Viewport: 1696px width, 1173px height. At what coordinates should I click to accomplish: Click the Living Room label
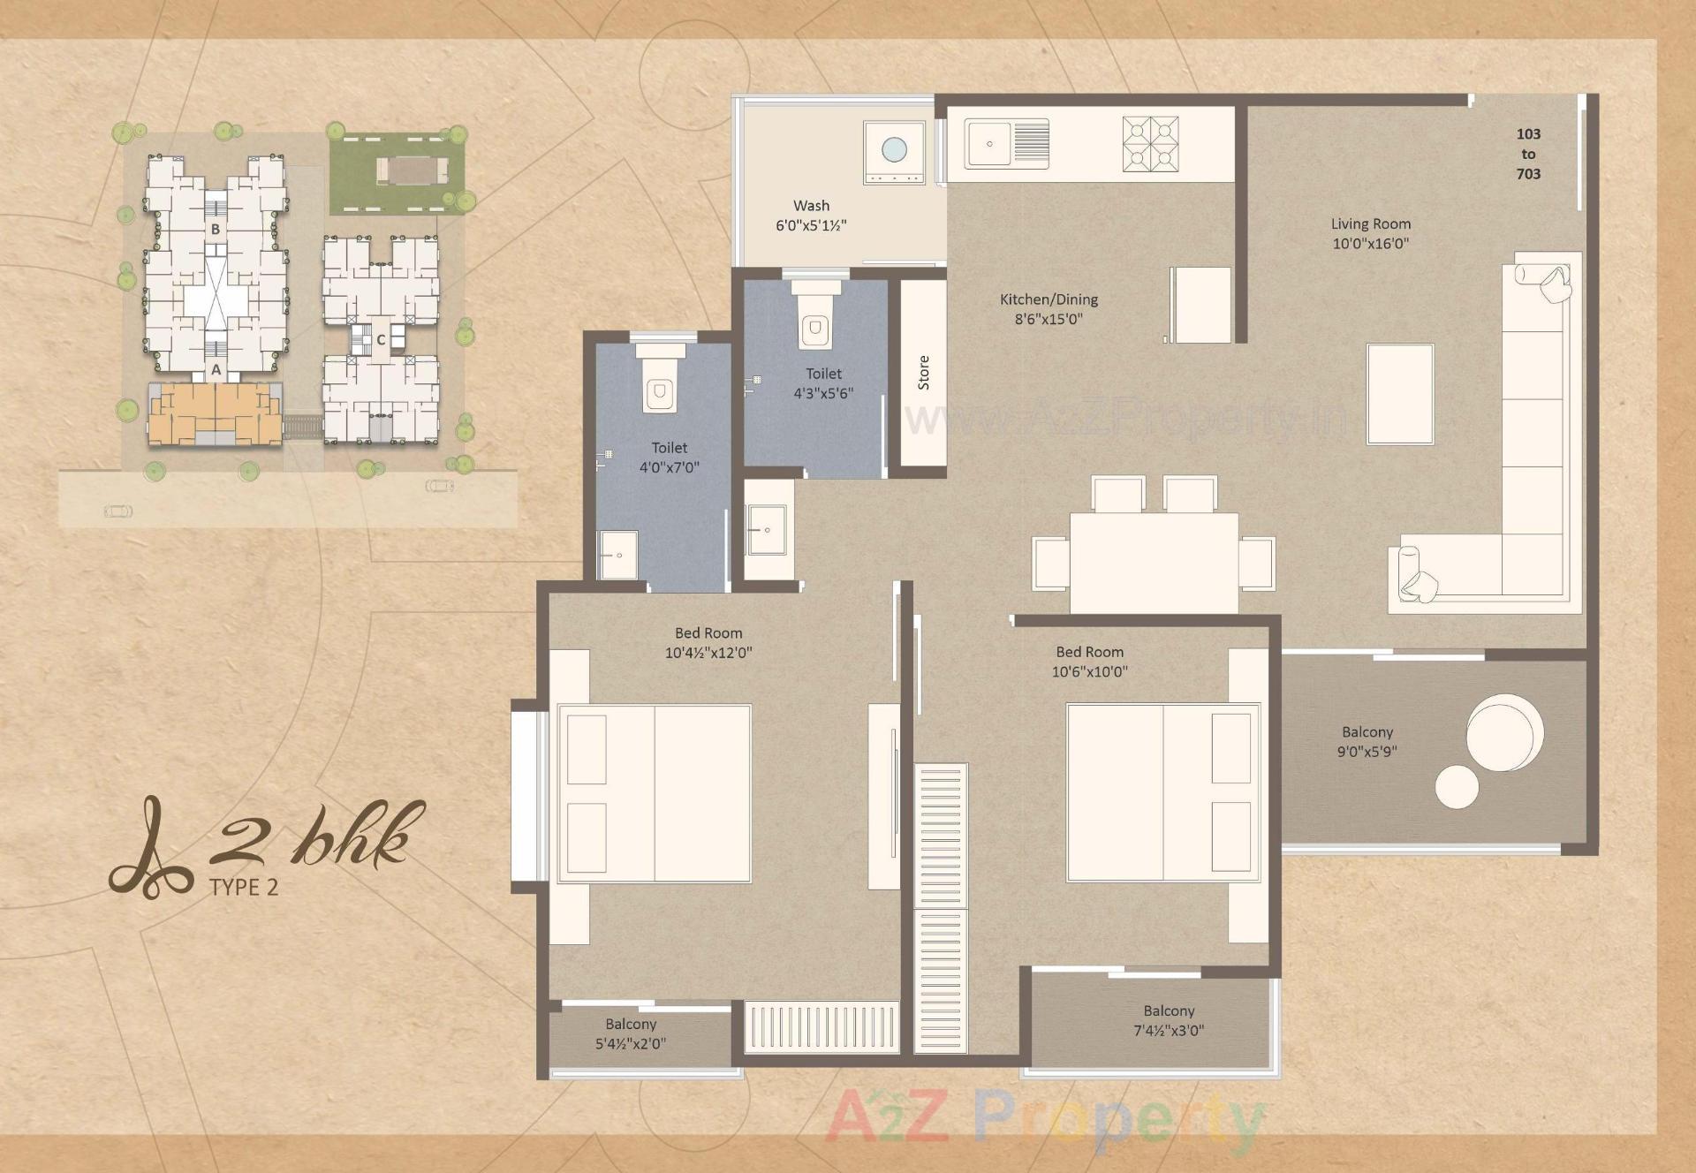[1370, 224]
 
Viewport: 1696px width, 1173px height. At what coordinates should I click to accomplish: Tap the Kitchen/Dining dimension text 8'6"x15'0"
[1048, 319]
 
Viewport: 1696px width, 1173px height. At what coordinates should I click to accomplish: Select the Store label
[923, 373]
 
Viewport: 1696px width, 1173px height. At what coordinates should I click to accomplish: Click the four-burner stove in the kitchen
[1151, 144]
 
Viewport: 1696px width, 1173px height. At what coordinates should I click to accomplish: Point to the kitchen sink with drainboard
[1007, 144]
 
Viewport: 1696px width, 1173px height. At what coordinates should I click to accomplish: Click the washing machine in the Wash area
[894, 153]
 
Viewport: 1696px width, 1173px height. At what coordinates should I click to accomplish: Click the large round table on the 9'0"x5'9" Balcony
[1504, 733]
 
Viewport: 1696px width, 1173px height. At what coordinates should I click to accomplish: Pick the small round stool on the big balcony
[1457, 786]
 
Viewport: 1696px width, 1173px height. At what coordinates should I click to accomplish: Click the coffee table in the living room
[1399, 394]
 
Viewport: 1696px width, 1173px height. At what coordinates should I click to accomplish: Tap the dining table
[1154, 563]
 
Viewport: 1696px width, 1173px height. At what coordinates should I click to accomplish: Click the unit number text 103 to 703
[1528, 154]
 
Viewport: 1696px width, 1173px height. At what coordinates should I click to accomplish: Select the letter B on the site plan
[215, 230]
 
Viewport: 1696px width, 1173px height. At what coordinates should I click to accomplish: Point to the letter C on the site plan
[381, 340]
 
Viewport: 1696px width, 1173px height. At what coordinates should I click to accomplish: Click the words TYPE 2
[244, 888]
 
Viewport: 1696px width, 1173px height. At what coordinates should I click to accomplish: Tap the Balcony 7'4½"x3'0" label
[1168, 1020]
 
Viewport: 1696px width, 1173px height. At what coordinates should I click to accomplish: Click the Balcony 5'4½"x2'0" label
[631, 1033]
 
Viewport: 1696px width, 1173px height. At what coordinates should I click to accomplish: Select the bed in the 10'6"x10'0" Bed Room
[1162, 792]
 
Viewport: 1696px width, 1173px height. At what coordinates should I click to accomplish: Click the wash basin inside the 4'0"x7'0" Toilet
[618, 555]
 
